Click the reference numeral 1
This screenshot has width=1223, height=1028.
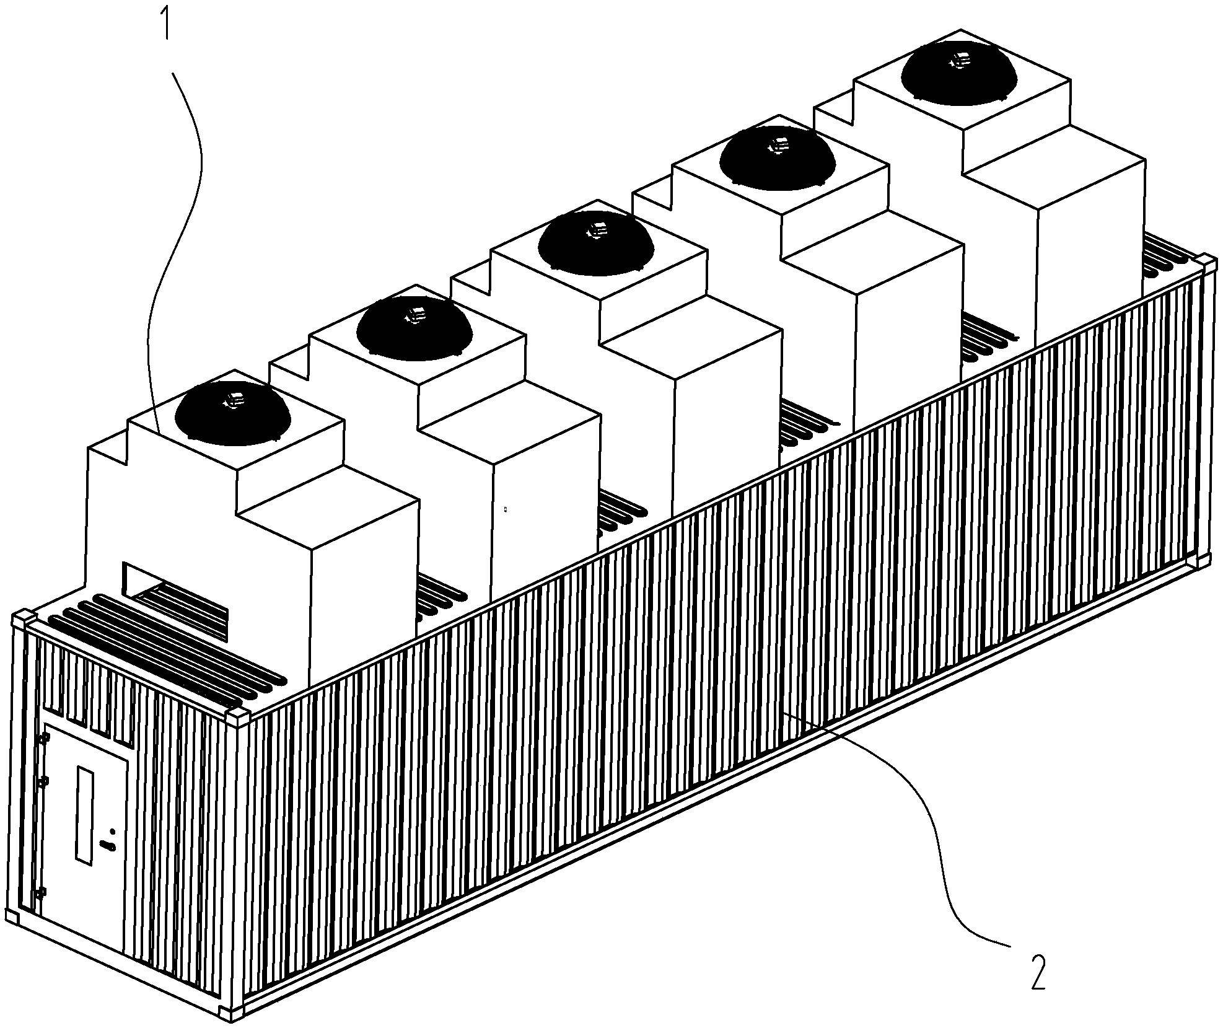tap(166, 21)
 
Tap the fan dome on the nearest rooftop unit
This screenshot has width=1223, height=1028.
tap(234, 413)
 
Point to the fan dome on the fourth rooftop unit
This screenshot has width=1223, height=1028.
tap(778, 157)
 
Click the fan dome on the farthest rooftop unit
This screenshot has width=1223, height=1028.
tap(959, 73)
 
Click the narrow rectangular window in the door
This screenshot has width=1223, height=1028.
tap(84, 815)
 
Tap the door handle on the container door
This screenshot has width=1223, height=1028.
tap(108, 846)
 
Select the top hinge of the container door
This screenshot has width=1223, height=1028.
tap(43, 739)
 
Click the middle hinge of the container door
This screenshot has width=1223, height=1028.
tap(43, 782)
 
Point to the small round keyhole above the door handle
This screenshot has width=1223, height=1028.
tap(112, 832)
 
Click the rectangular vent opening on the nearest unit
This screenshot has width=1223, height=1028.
tap(176, 600)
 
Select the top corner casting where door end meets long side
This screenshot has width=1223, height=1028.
tap(238, 719)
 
